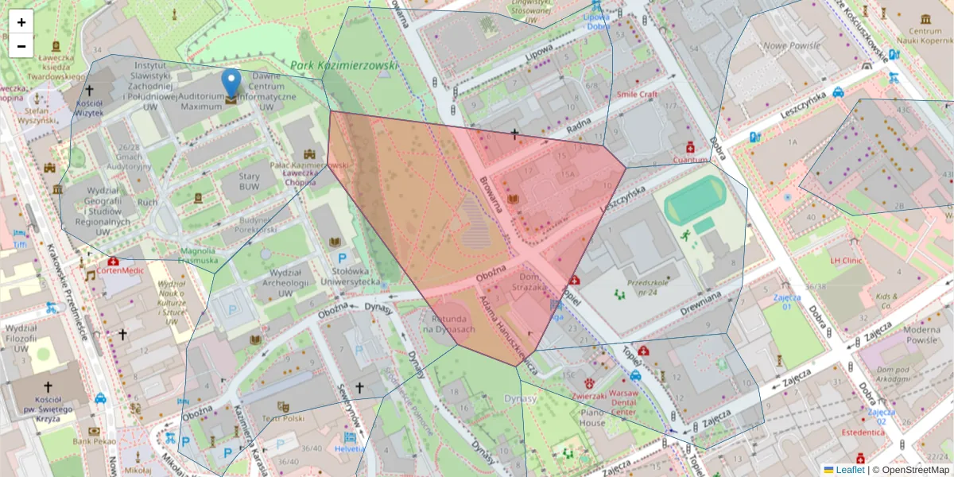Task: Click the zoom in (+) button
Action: pos(21,22)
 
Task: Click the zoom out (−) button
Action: pos(21,46)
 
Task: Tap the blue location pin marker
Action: pos(231,83)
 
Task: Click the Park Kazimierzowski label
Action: pos(343,65)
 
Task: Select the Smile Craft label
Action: pos(638,94)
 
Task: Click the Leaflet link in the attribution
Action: pos(850,470)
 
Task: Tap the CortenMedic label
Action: pos(122,270)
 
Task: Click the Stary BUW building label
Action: pos(249,182)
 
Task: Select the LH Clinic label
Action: pos(846,260)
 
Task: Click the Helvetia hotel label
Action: pos(350,448)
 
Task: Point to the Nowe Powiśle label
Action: pos(791,46)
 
